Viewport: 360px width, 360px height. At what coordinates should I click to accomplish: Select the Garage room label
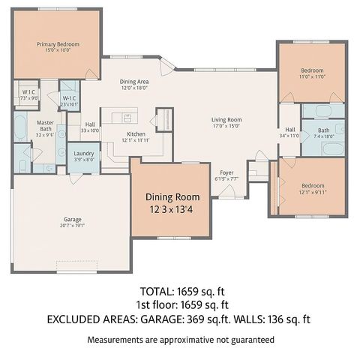[73, 220]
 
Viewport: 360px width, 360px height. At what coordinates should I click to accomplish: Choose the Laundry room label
[83, 153]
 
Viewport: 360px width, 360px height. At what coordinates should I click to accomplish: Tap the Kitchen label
[136, 133]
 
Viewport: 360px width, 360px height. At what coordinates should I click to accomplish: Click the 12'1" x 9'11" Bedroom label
[312, 185]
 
